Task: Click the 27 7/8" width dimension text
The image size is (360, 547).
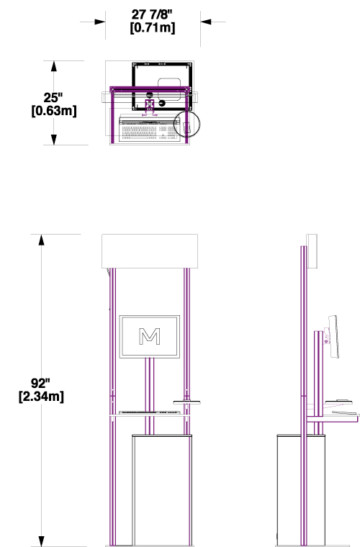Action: [x=152, y=14]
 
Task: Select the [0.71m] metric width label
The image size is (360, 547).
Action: [x=153, y=27]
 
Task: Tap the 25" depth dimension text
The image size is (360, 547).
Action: [x=53, y=98]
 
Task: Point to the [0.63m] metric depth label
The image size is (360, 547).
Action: [x=54, y=111]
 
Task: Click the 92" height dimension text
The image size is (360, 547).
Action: [x=40, y=383]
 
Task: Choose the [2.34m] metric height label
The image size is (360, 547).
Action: [x=41, y=397]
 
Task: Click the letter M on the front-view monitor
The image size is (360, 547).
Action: [x=150, y=336]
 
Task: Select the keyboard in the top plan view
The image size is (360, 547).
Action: [x=149, y=129]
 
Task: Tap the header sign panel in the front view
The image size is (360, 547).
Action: [x=150, y=251]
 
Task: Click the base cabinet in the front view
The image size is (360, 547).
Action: [x=162, y=490]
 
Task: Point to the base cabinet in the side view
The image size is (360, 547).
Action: [x=301, y=490]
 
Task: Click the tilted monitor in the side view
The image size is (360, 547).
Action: [x=333, y=337]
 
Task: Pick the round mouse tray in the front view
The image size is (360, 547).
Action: [x=187, y=402]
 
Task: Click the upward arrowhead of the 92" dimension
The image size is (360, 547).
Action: [x=41, y=240]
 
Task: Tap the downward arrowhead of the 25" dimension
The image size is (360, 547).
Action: [x=54, y=139]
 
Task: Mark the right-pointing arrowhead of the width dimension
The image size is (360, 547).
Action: [x=100, y=22]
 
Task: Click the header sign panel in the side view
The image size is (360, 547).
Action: [x=312, y=251]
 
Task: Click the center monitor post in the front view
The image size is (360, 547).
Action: [x=150, y=397]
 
